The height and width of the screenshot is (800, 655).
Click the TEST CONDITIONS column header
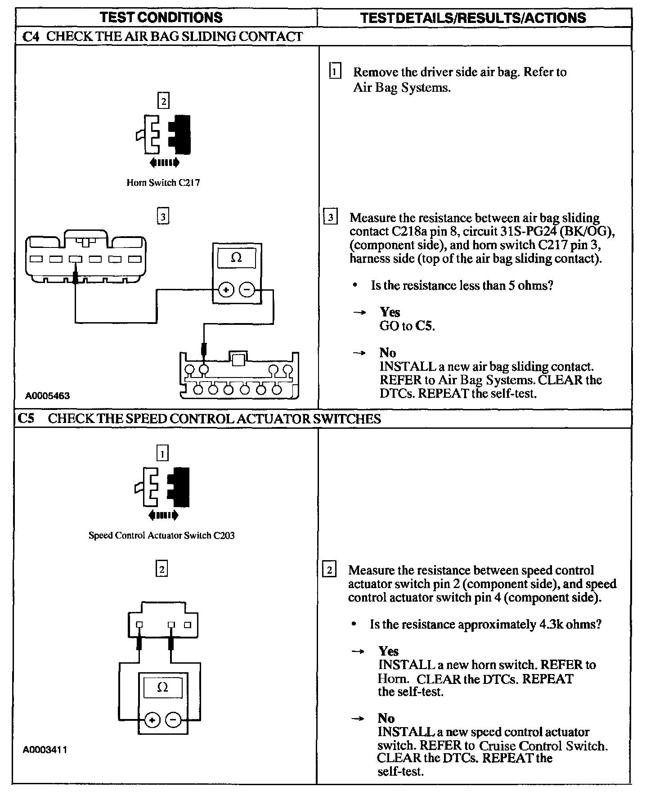tap(161, 18)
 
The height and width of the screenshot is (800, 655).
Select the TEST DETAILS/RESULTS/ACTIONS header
tap(473, 18)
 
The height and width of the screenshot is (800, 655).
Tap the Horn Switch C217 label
tap(163, 183)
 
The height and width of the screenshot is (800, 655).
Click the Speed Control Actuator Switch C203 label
tap(162, 535)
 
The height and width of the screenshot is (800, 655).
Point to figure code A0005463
tap(47, 396)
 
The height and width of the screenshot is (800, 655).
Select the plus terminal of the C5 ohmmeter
tap(153, 720)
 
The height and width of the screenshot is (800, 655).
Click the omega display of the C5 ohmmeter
tap(163, 688)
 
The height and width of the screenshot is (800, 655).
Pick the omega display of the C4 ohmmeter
tap(236, 258)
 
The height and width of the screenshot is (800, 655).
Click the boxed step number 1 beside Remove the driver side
tap(335, 72)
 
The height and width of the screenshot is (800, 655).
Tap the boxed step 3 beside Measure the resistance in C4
tap(331, 218)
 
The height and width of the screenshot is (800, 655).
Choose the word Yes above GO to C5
tap(390, 312)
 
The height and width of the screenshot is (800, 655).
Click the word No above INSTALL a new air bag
tap(387, 352)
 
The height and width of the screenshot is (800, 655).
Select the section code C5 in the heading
tap(26, 418)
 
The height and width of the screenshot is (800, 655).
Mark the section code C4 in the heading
tap(31, 36)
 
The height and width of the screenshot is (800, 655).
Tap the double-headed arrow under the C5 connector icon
tap(162, 515)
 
